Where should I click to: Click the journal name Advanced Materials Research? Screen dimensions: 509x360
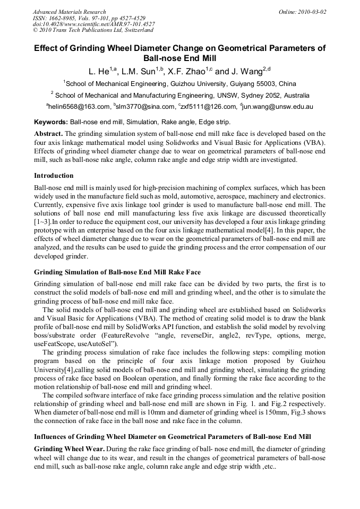point(69,11)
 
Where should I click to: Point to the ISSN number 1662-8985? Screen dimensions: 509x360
point(64,18)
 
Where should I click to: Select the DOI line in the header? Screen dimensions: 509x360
point(94,24)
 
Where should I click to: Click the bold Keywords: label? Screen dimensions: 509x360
point(51,122)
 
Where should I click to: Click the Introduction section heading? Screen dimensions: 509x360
point(54,175)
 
